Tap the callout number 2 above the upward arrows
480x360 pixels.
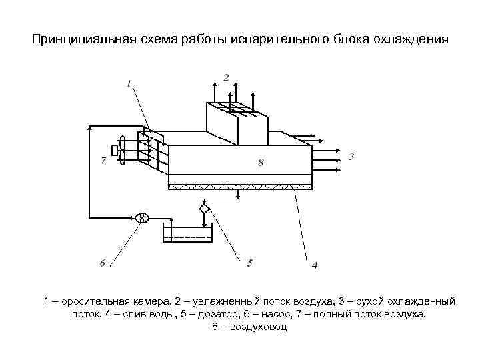[226, 78]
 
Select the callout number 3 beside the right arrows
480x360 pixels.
[351, 157]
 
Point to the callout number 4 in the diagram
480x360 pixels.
[314, 265]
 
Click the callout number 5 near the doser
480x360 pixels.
[249, 263]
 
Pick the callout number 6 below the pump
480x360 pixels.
[103, 263]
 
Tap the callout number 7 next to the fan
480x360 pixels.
[103, 160]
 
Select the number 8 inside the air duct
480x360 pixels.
[261, 162]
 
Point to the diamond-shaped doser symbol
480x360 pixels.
[204, 209]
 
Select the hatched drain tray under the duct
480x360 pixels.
[240, 186]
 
